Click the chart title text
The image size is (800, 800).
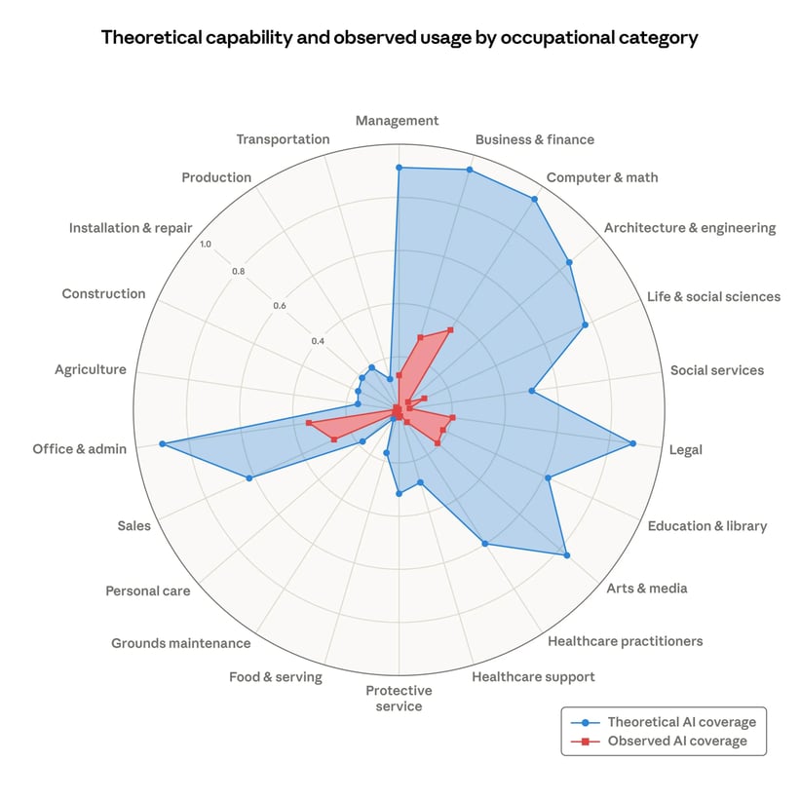pyautogui.click(x=400, y=39)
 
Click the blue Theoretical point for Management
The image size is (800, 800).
pyautogui.click(x=399, y=168)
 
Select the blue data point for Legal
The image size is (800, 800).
pyautogui.click(x=632, y=444)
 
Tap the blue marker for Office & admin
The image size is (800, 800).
pyautogui.click(x=163, y=444)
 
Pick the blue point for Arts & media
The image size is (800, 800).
pyautogui.click(x=567, y=555)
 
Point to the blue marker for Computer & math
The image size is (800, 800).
pyautogui.click(x=534, y=199)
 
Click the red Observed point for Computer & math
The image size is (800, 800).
pyautogui.click(x=450, y=329)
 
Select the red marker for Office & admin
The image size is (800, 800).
pyautogui.click(x=308, y=422)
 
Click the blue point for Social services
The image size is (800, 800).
pyautogui.click(x=531, y=391)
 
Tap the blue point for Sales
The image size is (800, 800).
pyautogui.click(x=249, y=477)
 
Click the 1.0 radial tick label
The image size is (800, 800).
pyautogui.click(x=205, y=245)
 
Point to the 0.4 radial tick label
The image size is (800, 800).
pyautogui.click(x=318, y=341)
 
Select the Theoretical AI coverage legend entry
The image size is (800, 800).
pyautogui.click(x=681, y=722)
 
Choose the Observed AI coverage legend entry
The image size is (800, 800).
pyautogui.click(x=676, y=742)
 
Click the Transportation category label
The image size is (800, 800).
pyautogui.click(x=283, y=139)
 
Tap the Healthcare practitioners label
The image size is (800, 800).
pyautogui.click(x=625, y=641)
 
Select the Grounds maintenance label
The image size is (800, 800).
pyautogui.click(x=180, y=643)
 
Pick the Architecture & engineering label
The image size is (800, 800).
pyautogui.click(x=689, y=228)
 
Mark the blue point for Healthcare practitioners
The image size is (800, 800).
pyautogui.click(x=485, y=544)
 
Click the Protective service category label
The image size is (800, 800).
pyautogui.click(x=399, y=698)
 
